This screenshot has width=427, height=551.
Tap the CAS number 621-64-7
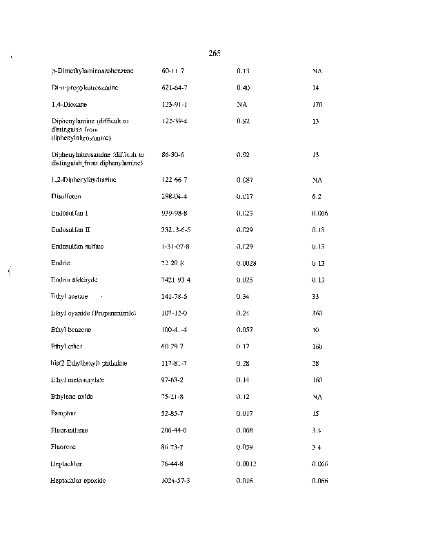pos(172,88)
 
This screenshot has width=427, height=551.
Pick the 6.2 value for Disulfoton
pos(316,196)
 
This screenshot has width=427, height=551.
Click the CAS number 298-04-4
pos(172,196)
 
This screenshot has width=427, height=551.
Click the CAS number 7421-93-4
pos(175,280)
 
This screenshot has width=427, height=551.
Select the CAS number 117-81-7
pos(172,363)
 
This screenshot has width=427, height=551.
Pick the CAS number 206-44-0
pos(172,430)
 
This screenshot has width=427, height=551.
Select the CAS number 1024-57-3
pos(175,480)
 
